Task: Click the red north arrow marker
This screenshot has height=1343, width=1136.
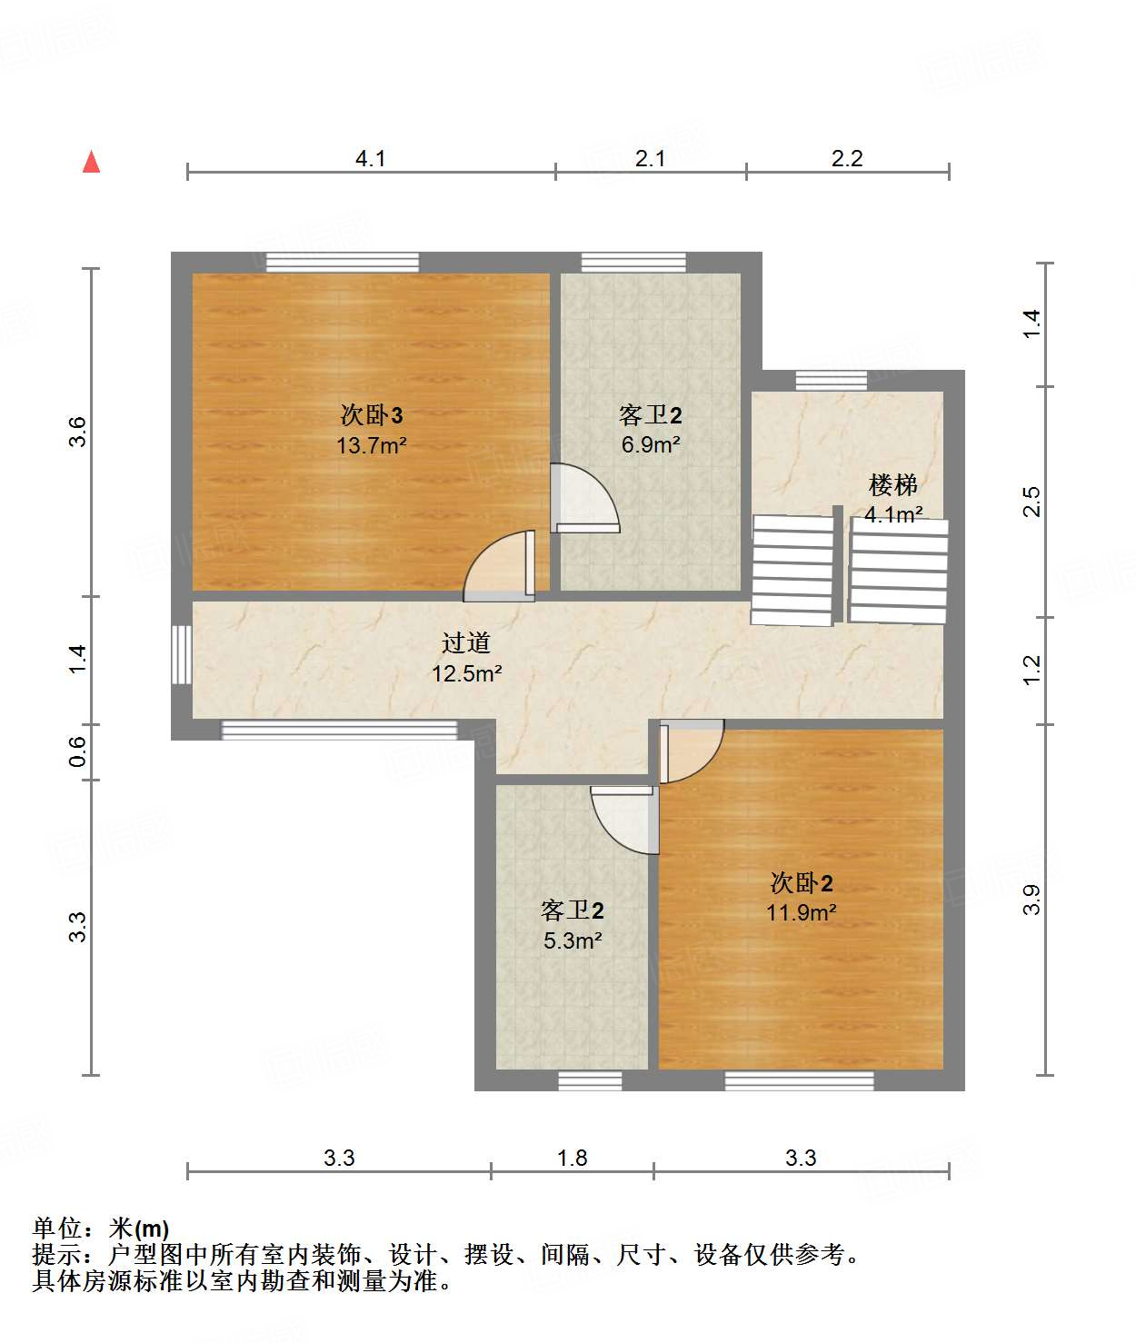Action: [91, 162]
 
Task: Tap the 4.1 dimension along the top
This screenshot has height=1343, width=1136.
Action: [370, 158]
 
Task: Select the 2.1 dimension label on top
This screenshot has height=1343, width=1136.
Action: [650, 158]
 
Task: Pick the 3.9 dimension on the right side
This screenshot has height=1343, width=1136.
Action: [1031, 899]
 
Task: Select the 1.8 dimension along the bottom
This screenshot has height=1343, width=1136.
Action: [572, 1158]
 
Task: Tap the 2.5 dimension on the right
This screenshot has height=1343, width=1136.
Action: [1031, 502]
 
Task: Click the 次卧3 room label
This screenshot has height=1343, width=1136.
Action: [371, 415]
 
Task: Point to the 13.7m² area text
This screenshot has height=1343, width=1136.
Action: [371, 445]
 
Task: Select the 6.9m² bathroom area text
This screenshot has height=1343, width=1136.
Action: [651, 444]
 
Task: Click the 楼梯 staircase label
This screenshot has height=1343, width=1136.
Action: [892, 484]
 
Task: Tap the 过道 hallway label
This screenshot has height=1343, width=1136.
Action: [466, 642]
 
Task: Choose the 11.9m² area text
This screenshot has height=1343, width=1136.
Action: [801, 912]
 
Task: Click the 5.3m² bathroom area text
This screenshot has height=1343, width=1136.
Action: [573, 940]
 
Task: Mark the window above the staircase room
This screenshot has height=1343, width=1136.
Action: [831, 380]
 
